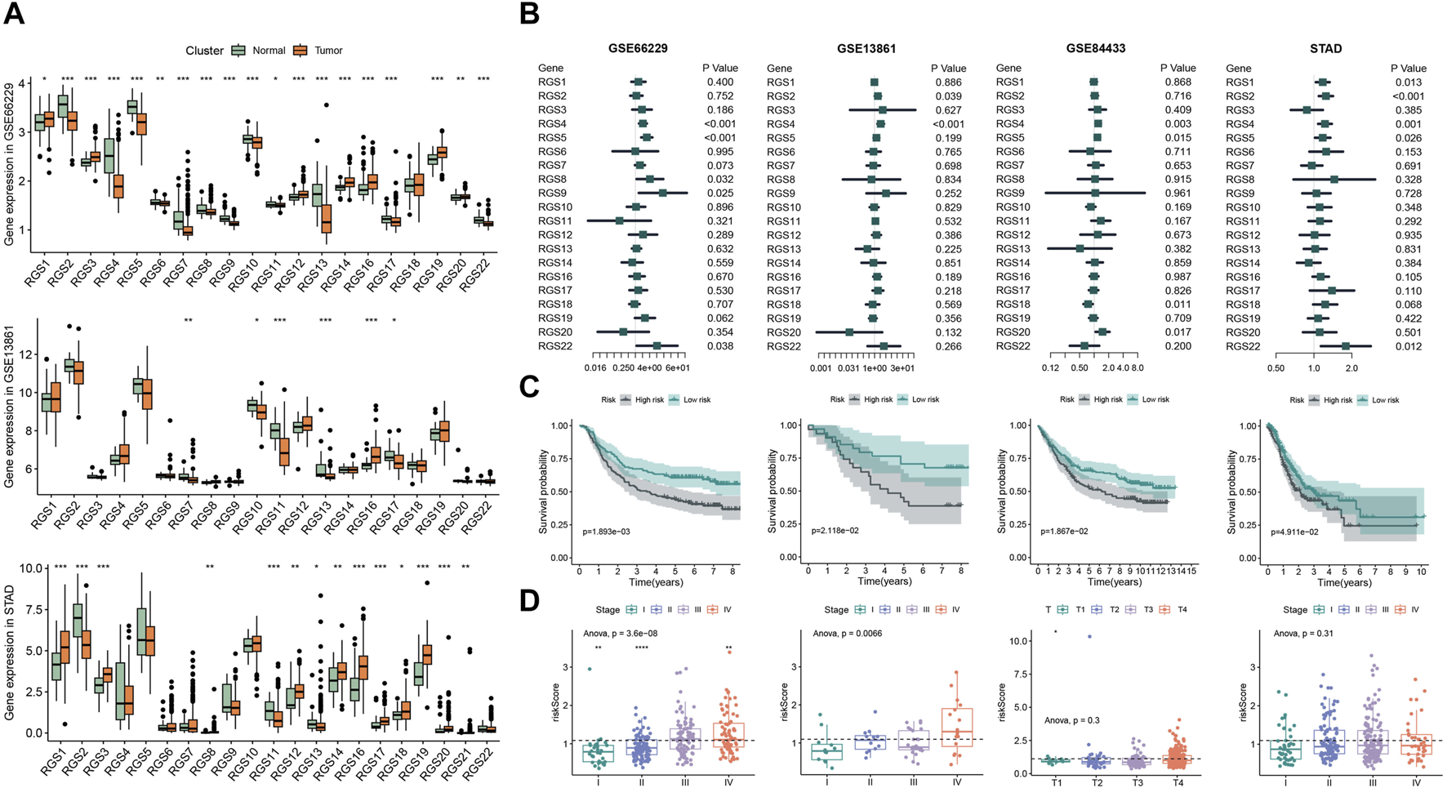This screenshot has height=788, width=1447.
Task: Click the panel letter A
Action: pyautogui.click(x=14, y=14)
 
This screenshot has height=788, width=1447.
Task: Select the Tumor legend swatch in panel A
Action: pyautogui.click(x=301, y=51)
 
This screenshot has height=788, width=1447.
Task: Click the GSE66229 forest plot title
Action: pyautogui.click(x=638, y=49)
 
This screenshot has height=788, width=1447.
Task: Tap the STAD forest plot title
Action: pyautogui.click(x=1325, y=49)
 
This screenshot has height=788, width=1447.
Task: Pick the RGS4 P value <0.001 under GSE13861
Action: pyautogui.click(x=948, y=124)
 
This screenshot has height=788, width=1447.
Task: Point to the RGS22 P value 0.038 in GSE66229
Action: pyautogui.click(x=719, y=346)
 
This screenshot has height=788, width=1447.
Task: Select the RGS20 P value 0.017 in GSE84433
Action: pyautogui.click(x=1178, y=332)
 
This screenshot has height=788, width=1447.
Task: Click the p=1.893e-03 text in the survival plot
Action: pyautogui.click(x=606, y=532)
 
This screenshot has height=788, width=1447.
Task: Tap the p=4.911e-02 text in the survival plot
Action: pyautogui.click(x=1295, y=532)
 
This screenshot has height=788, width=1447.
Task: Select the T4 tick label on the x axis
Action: pyautogui.click(x=1180, y=782)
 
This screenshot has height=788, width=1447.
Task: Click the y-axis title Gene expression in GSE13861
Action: pyautogui.click(x=10, y=417)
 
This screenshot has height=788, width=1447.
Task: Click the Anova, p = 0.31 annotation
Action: pyautogui.click(x=1304, y=633)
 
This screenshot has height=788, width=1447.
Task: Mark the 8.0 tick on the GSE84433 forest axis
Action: pyautogui.click(x=1138, y=368)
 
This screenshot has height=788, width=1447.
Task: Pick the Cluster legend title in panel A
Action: pyautogui.click(x=204, y=51)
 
